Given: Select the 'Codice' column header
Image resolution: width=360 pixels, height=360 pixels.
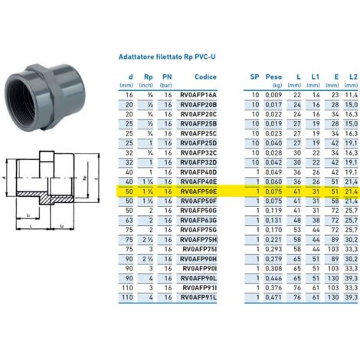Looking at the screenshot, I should click(205, 77).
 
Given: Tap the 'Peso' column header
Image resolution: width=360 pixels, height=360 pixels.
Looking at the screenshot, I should click(273, 77).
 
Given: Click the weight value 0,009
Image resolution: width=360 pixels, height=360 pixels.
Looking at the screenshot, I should click(273, 93).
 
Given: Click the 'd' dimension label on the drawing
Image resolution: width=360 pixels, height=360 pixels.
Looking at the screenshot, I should click(5, 178).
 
